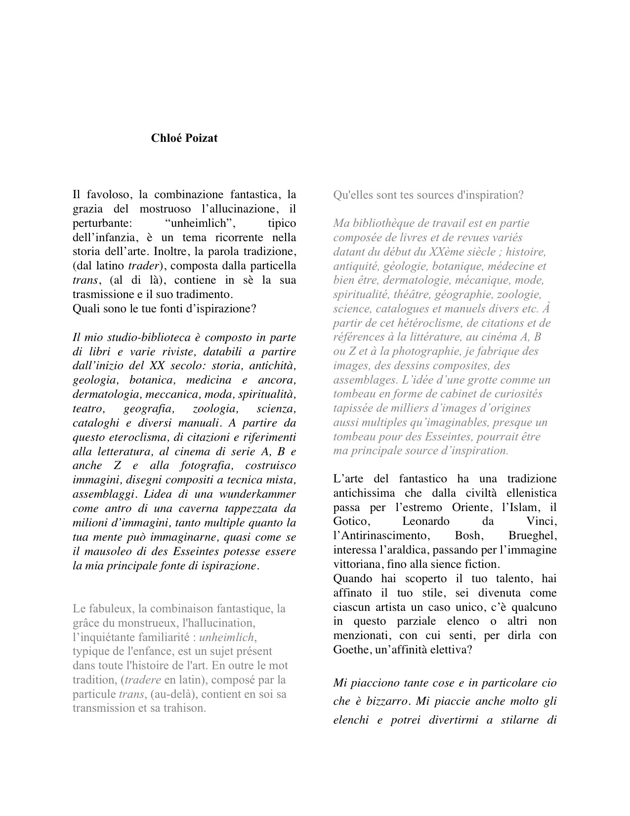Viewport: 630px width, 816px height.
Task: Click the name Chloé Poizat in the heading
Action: tap(184, 138)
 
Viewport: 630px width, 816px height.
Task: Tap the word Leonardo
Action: tap(425, 521)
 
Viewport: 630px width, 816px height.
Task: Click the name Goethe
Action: tap(351, 649)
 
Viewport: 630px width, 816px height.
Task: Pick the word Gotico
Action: tap(350, 521)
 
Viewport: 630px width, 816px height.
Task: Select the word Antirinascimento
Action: tap(379, 536)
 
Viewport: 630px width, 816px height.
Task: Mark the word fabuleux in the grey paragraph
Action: tap(111, 608)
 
